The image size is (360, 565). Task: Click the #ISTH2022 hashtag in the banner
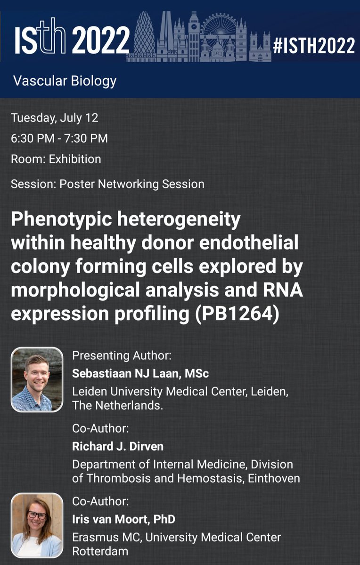coord(314,46)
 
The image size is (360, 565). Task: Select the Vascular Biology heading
coord(65,81)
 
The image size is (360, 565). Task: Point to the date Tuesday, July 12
coord(55,118)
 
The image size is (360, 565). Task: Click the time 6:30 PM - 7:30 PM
coord(59,138)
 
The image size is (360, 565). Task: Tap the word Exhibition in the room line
coord(75,159)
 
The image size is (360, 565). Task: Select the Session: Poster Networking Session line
coord(107,184)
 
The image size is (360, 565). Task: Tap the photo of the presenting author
coord(37,379)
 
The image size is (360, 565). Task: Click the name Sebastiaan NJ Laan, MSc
coord(140,374)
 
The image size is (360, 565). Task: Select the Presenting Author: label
coord(115,355)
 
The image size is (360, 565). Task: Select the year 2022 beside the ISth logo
coord(101,40)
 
